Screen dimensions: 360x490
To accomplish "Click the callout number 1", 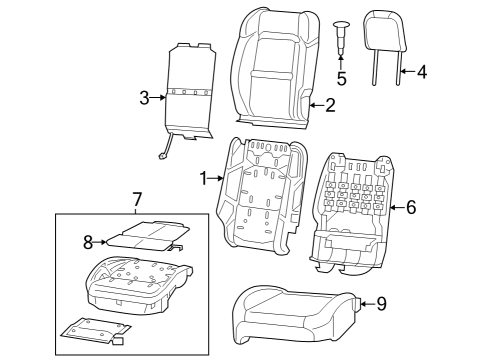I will (204, 178).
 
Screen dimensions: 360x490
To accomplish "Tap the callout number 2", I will (330, 103).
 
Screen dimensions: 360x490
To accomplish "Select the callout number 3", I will (145, 97).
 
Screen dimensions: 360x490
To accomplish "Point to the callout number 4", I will (421, 72).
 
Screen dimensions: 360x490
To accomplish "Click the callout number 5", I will (341, 78).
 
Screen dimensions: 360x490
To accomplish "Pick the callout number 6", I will (409, 207).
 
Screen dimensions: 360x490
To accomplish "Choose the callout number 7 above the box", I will (137, 200).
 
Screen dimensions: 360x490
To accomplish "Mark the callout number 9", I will (380, 304).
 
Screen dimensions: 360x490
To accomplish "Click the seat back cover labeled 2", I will (272, 65).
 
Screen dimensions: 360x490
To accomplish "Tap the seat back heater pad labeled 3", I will (190, 90).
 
